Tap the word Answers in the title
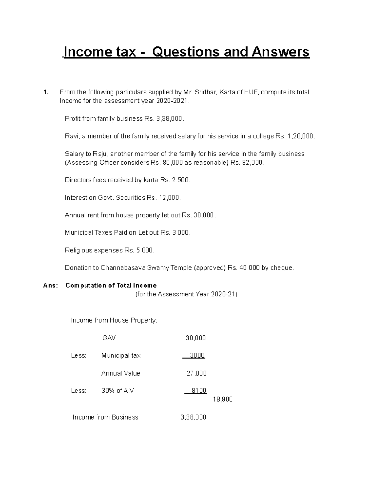280,52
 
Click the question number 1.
46,92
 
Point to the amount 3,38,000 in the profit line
169,119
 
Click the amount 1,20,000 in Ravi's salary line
300,136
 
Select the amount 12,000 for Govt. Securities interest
169,198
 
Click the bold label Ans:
50,286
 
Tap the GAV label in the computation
109,338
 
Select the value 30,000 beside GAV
196,338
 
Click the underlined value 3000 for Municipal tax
197,355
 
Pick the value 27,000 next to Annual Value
196,373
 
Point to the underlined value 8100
199,391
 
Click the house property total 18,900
223,400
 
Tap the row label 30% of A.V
117,391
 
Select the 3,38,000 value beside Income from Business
193,417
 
